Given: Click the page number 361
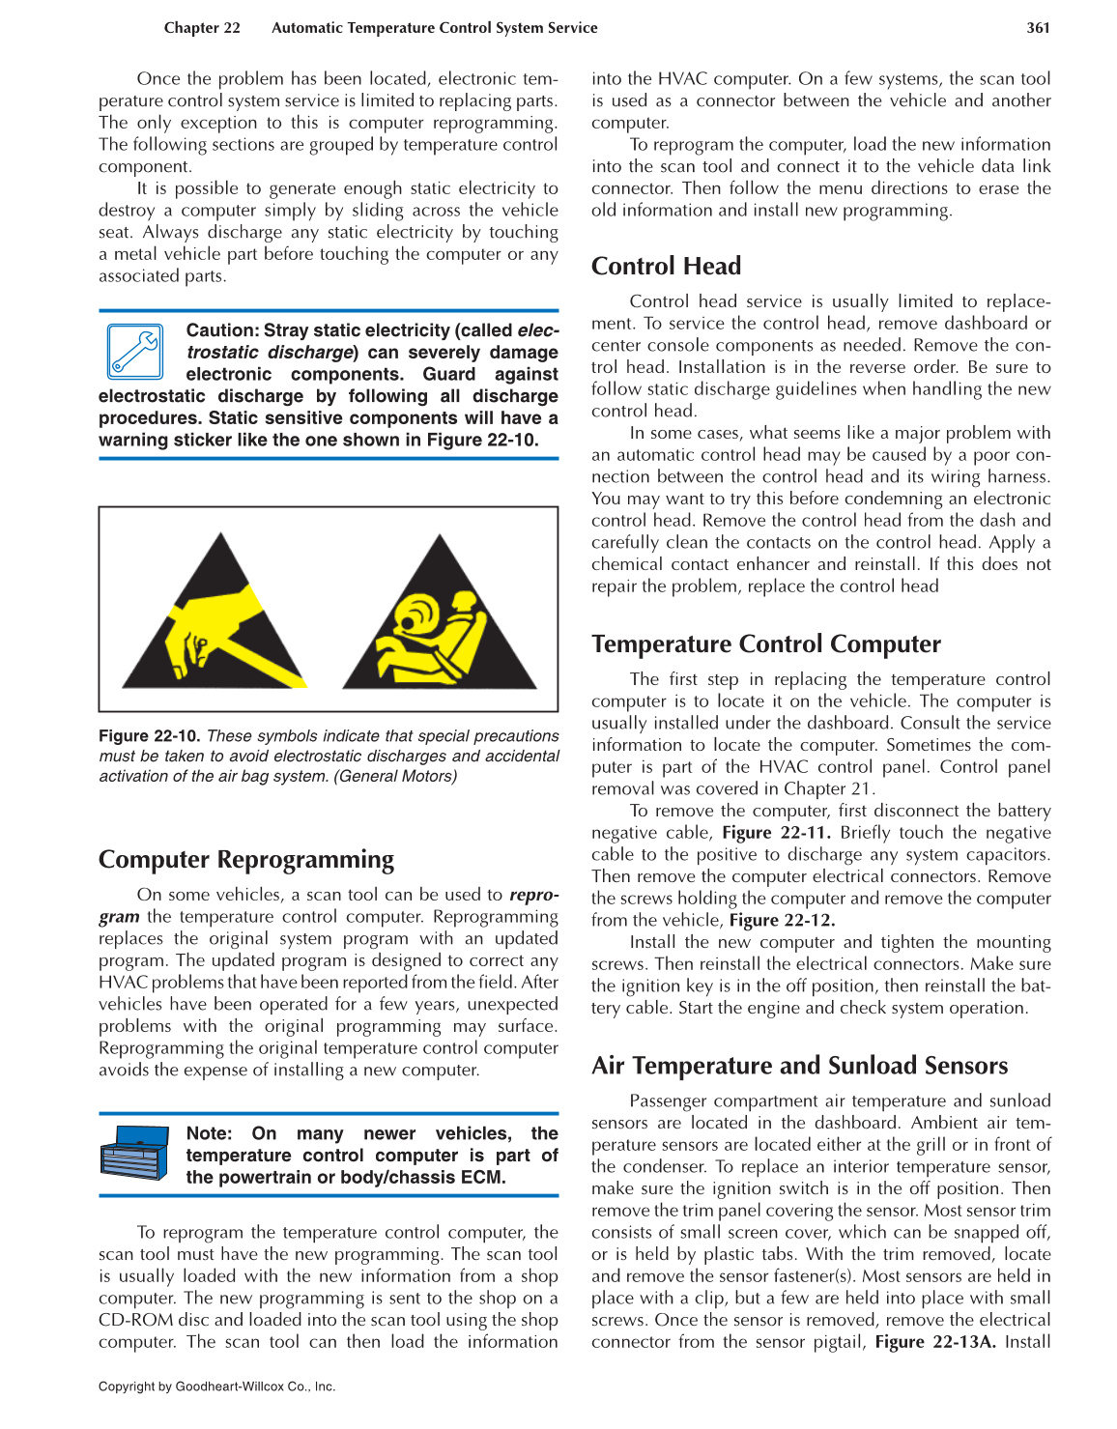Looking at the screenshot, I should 1038,28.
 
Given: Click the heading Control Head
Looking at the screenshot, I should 666,267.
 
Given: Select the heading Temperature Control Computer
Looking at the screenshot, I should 765,644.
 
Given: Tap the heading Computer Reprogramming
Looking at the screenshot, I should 246,860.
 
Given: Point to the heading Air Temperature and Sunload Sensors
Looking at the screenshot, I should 799,1066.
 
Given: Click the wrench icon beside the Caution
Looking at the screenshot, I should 135,352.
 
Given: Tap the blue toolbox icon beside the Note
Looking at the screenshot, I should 134,1153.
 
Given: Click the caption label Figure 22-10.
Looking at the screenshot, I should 149,736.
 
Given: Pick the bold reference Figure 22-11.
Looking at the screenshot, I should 776,833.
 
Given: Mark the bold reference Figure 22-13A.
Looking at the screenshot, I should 934,1342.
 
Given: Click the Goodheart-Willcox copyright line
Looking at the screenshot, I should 216,1386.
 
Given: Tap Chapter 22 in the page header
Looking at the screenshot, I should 202,28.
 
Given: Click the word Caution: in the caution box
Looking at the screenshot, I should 221,330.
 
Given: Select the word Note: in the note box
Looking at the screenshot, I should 209,1133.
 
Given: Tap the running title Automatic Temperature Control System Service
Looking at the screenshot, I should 434,28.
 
